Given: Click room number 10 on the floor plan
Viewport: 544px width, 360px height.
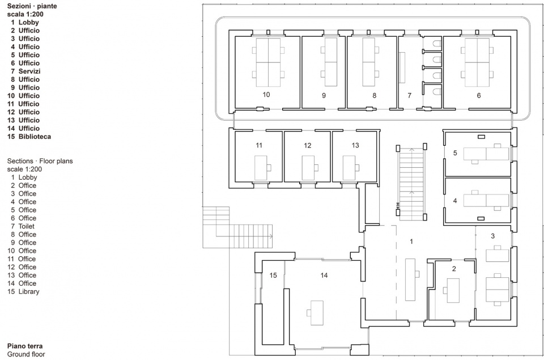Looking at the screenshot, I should click(266, 95).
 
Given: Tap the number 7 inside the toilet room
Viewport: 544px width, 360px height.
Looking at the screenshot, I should click(409, 96).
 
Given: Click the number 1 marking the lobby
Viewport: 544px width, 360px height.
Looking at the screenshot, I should click(411, 242).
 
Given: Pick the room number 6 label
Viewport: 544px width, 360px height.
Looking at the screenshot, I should click(479, 96).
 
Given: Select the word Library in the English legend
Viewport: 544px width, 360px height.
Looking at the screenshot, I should click(29, 291).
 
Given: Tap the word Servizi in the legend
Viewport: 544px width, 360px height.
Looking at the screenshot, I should click(29, 71).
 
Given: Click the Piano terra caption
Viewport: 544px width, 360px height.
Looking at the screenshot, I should click(24, 345).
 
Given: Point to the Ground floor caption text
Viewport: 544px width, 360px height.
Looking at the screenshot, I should click(26, 354).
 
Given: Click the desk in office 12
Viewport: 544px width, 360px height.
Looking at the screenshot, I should click(309, 168).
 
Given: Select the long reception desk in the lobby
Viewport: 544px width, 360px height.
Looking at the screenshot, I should click(411, 279).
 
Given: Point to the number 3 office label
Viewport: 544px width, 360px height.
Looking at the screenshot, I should click(492, 236).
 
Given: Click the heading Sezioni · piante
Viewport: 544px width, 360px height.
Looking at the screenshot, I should click(32, 6).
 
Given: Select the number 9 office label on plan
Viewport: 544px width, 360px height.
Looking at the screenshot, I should click(324, 96).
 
